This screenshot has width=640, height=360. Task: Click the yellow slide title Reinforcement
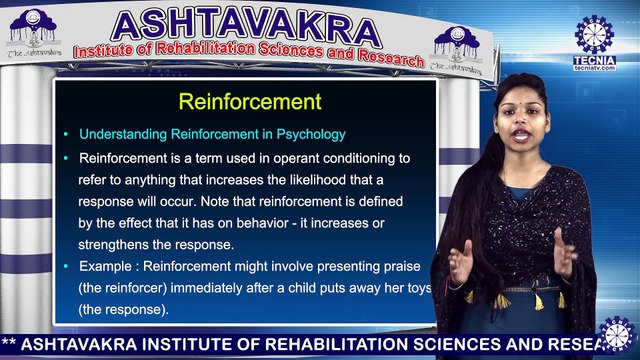[249, 102]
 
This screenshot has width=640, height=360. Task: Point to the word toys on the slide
[417, 288]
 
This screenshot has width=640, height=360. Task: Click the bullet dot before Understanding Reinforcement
[66, 134]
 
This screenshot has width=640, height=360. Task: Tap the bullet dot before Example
[66, 266]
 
